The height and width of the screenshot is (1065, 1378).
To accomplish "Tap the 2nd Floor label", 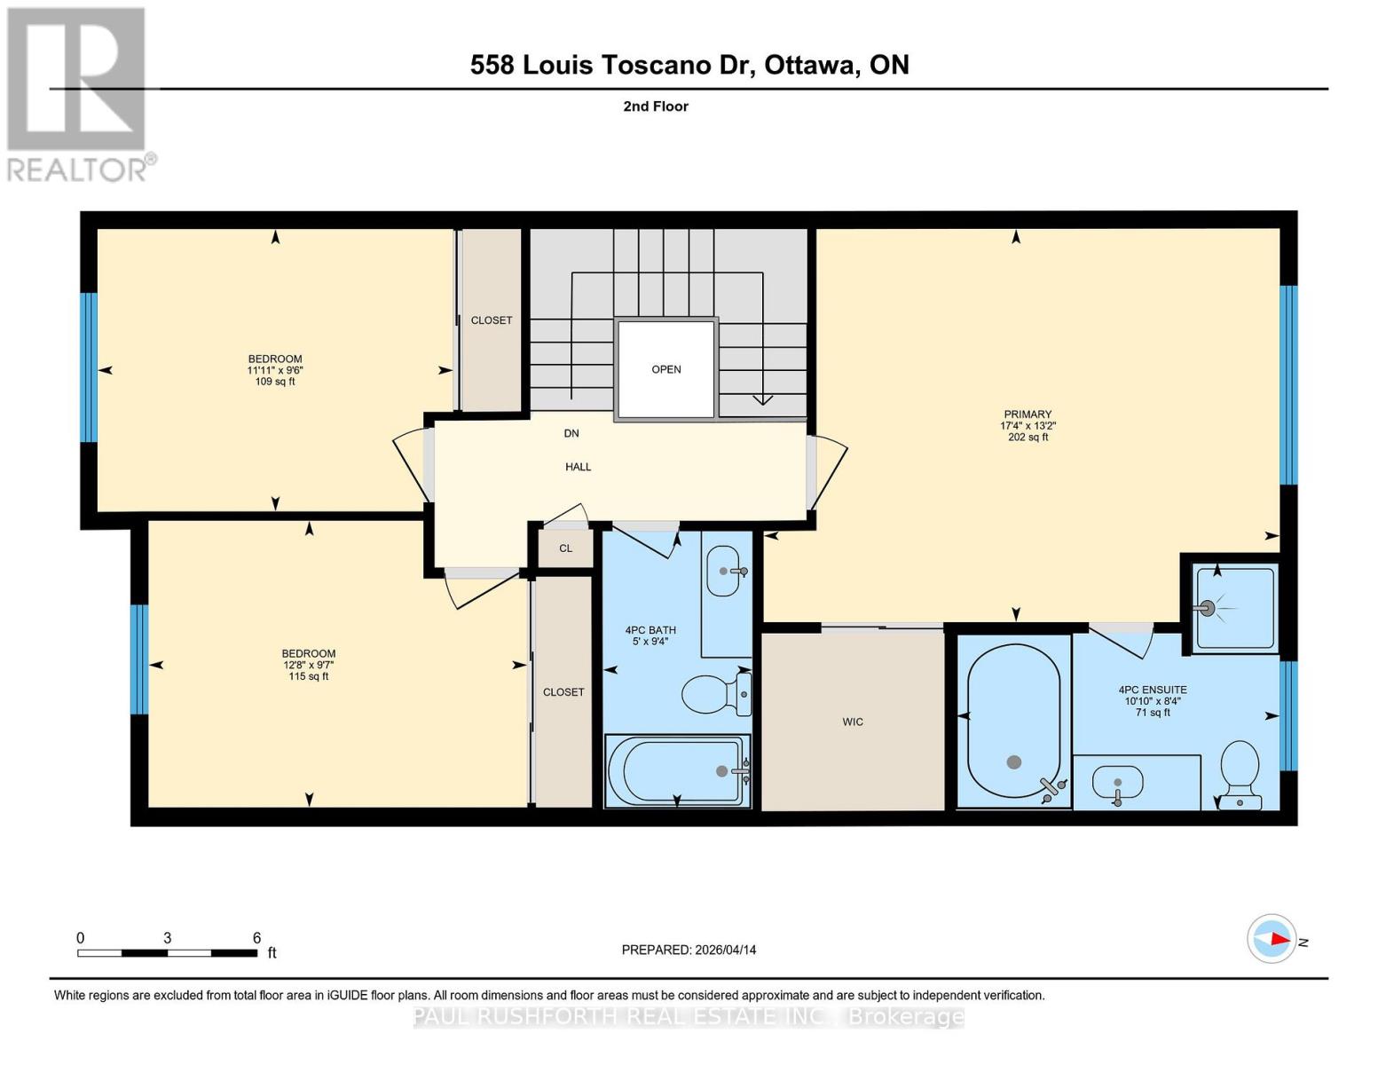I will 656,106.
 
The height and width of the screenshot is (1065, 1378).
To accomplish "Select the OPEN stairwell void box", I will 665,369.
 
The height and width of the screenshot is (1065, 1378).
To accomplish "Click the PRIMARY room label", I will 1028,414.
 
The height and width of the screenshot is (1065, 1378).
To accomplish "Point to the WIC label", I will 853,722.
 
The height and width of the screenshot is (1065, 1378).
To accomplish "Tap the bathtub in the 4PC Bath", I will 677,771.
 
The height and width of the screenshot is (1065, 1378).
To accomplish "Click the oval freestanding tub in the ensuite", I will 1013,720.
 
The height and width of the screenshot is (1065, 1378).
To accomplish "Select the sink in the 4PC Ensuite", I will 1117,783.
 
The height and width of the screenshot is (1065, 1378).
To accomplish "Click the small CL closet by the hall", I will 565,548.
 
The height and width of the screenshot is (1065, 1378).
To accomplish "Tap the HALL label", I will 579,467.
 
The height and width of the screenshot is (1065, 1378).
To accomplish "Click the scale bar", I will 167,953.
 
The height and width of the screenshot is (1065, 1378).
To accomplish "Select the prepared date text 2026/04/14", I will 689,950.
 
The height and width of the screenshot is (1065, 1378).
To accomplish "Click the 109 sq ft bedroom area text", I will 275,382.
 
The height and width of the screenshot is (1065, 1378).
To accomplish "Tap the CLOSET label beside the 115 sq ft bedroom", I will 563,692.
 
